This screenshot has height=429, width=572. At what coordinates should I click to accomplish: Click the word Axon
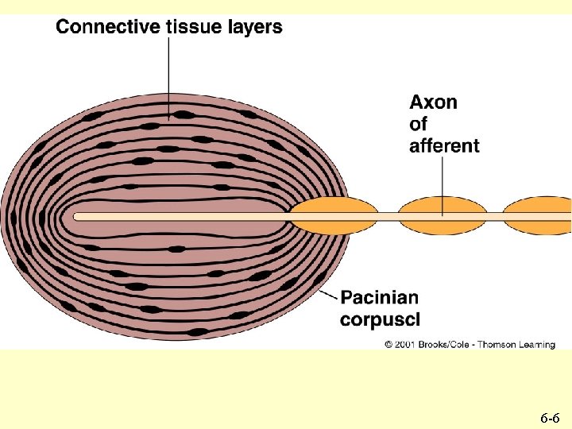(433, 102)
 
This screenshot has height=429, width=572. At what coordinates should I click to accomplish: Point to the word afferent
(444, 145)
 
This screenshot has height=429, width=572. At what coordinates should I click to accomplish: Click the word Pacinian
(379, 298)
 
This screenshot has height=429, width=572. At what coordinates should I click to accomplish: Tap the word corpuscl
(380, 319)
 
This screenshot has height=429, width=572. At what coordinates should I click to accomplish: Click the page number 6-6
(550, 417)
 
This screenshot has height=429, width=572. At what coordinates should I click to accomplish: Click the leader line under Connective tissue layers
(168, 75)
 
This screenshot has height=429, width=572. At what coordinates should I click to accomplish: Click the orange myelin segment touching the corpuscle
(334, 216)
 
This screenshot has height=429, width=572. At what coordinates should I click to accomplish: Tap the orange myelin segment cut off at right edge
(540, 216)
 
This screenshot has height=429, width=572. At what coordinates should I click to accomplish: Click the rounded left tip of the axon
(77, 216)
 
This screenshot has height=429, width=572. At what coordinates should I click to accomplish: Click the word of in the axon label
(418, 125)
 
